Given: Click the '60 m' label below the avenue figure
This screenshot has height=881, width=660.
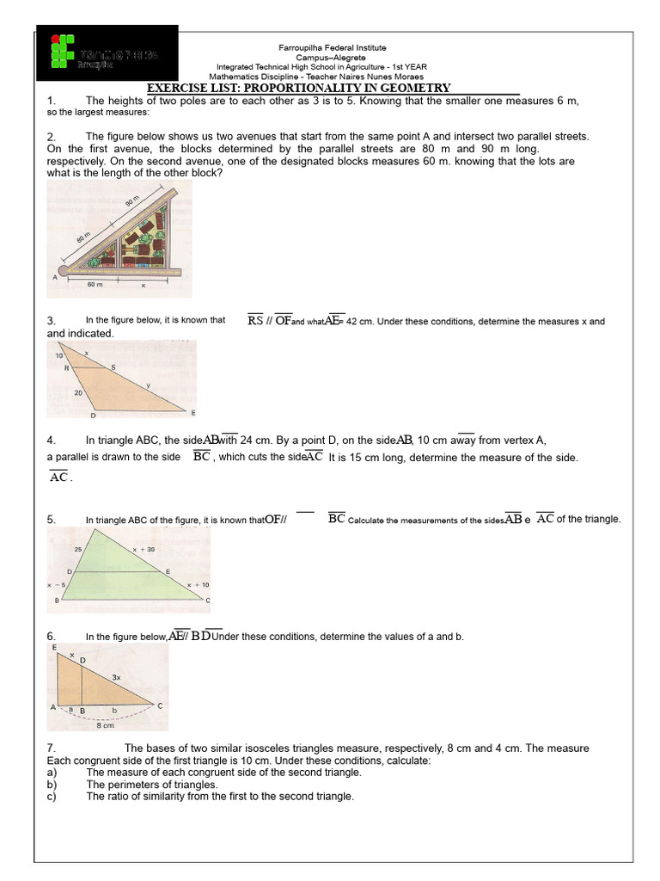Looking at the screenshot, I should click(95, 285).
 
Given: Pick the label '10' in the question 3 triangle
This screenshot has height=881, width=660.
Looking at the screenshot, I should click(58, 355).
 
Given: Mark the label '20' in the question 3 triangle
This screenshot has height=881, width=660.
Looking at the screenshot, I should click(79, 392).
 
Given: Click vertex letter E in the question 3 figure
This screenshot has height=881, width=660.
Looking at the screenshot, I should click(192, 413).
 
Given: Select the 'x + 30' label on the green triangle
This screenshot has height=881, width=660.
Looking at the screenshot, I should click(144, 549).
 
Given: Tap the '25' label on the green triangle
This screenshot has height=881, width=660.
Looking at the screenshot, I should click(78, 549).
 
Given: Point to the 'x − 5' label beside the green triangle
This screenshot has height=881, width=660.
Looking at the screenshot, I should click(57, 585).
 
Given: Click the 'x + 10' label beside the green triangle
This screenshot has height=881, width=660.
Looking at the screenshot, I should click(198, 585).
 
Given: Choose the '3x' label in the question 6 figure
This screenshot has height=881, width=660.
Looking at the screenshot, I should click(116, 678).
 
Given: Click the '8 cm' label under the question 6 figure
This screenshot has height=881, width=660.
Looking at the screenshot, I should click(105, 725).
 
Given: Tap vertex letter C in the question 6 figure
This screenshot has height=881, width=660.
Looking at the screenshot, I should click(159, 705).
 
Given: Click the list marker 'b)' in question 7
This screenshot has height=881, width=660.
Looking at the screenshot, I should click(52, 785).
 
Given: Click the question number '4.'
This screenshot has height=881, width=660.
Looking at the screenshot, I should click(52, 440).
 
